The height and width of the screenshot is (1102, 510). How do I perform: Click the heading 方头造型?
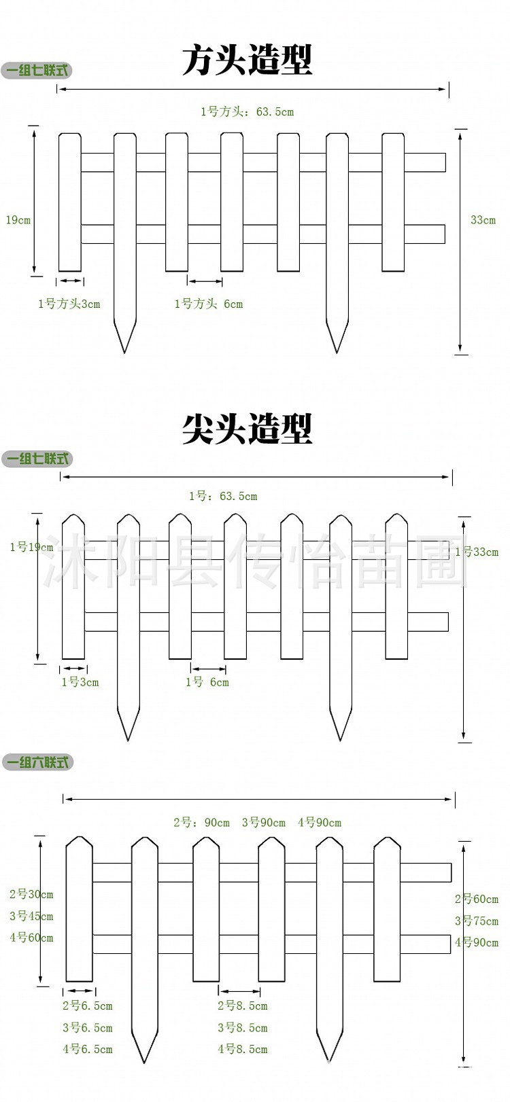[248, 60]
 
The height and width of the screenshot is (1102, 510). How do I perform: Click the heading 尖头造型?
[248, 429]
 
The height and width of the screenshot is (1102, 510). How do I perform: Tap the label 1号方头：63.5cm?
[247, 112]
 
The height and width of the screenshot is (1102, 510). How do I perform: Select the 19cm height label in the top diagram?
[18, 220]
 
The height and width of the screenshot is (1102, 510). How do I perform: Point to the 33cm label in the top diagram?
[483, 220]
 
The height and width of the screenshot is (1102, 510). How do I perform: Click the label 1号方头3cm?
[69, 304]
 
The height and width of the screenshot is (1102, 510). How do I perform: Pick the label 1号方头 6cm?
[209, 304]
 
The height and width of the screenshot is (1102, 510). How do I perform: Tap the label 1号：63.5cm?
[223, 497]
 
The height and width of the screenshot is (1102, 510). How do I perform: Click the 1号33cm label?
[477, 552]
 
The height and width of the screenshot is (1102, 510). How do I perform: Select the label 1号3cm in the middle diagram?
[80, 682]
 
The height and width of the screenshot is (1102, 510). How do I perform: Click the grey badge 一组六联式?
[37, 762]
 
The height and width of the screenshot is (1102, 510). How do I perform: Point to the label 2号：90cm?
[201, 823]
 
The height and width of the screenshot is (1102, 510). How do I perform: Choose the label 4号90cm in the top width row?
[320, 823]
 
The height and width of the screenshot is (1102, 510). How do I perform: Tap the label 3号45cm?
[31, 916]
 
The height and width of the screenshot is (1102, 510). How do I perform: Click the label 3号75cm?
[477, 921]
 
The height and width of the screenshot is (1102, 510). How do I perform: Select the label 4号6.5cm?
[88, 1050]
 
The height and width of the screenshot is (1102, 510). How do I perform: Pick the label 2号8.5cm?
[243, 1006]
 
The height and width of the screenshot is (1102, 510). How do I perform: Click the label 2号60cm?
[477, 900]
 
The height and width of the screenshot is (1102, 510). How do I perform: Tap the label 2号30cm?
[31, 894]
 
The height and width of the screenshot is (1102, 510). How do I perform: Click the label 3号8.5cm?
[243, 1028]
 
